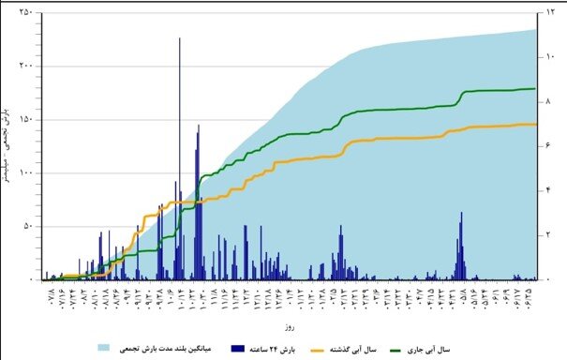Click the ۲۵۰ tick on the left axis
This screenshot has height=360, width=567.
(25, 12)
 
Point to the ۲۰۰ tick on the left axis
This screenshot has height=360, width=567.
(25, 66)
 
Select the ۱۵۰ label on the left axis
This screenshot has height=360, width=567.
(25, 119)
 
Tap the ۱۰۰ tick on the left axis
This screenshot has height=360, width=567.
(25, 172)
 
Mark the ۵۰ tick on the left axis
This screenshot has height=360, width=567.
(27, 226)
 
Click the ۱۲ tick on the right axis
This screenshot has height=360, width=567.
(551, 12)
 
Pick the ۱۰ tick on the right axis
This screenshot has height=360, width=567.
(551, 57)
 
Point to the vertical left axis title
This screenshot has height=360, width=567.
(9, 145)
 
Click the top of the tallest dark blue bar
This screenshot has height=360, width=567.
(179, 38)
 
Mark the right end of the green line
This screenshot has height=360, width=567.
(535, 89)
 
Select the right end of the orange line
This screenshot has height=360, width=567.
(536, 124)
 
